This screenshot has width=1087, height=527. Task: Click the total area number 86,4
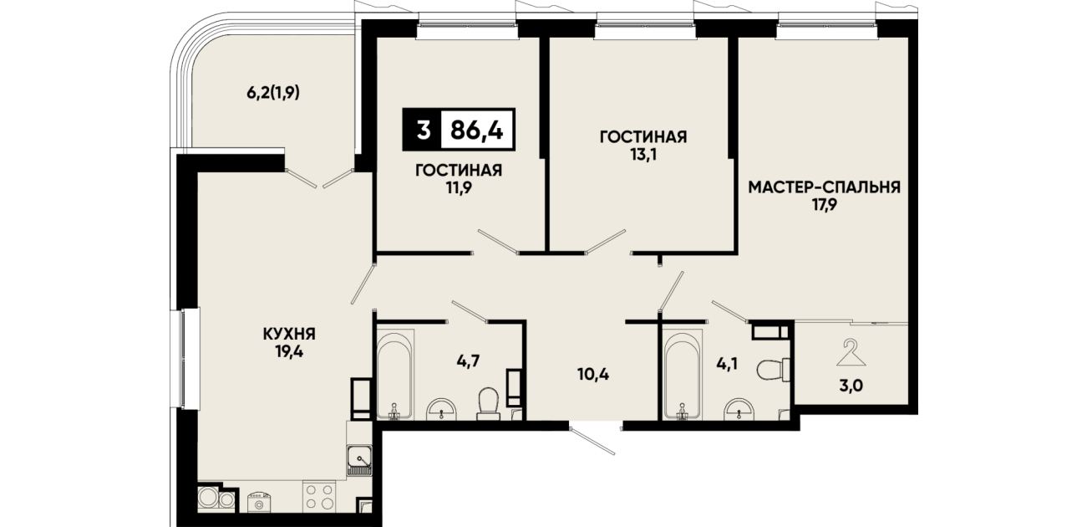point(477,130)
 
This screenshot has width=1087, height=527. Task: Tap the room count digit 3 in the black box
point(423,130)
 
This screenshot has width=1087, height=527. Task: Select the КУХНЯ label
point(289,334)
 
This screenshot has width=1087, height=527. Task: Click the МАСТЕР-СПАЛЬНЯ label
point(824,187)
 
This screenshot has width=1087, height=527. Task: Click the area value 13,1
point(643,156)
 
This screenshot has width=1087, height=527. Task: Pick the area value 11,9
point(459,189)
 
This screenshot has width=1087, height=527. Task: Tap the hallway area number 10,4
point(593,374)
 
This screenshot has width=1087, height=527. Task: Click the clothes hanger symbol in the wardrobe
point(851,353)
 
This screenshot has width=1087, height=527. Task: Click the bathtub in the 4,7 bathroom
point(395,374)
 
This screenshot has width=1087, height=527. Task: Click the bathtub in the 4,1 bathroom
point(683,374)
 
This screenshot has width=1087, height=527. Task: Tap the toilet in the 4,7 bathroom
point(489,403)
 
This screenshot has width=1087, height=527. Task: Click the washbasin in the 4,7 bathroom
point(442,409)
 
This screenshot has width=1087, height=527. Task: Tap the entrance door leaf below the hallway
point(592,441)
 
